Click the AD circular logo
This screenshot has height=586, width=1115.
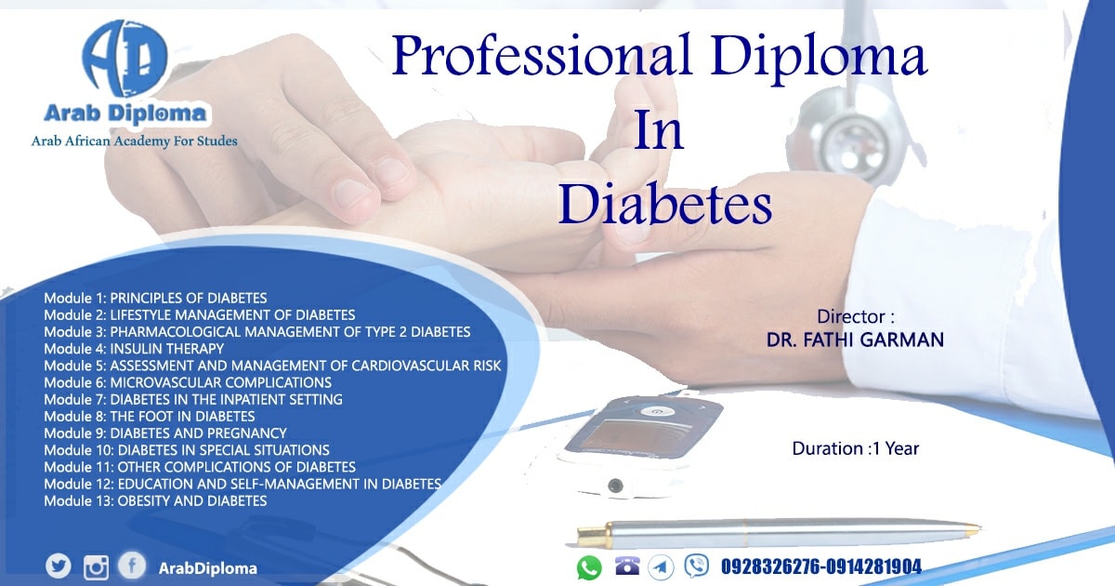coord(125,59)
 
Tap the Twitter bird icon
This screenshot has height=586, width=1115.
coord(59,566)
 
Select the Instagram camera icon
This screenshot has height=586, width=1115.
coord(96,567)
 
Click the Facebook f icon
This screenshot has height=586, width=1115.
coord(132,566)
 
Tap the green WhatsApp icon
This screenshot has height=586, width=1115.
coord(589,567)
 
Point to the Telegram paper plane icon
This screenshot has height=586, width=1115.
coord(661,567)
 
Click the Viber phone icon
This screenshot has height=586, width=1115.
coord(696,566)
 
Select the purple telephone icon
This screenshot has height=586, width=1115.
coord(627,566)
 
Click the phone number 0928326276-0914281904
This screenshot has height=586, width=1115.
coord(821,566)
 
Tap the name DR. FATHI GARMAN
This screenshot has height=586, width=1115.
coord(855,340)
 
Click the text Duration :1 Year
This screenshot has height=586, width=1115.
coord(855,448)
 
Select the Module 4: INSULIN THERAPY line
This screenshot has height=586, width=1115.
coord(134,349)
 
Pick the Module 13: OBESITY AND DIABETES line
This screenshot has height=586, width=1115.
coord(155,500)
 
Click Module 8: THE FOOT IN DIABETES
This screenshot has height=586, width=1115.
coord(150,416)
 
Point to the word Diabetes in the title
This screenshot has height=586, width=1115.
coord(665,205)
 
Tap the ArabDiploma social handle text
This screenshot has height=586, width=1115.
coord(207,568)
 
